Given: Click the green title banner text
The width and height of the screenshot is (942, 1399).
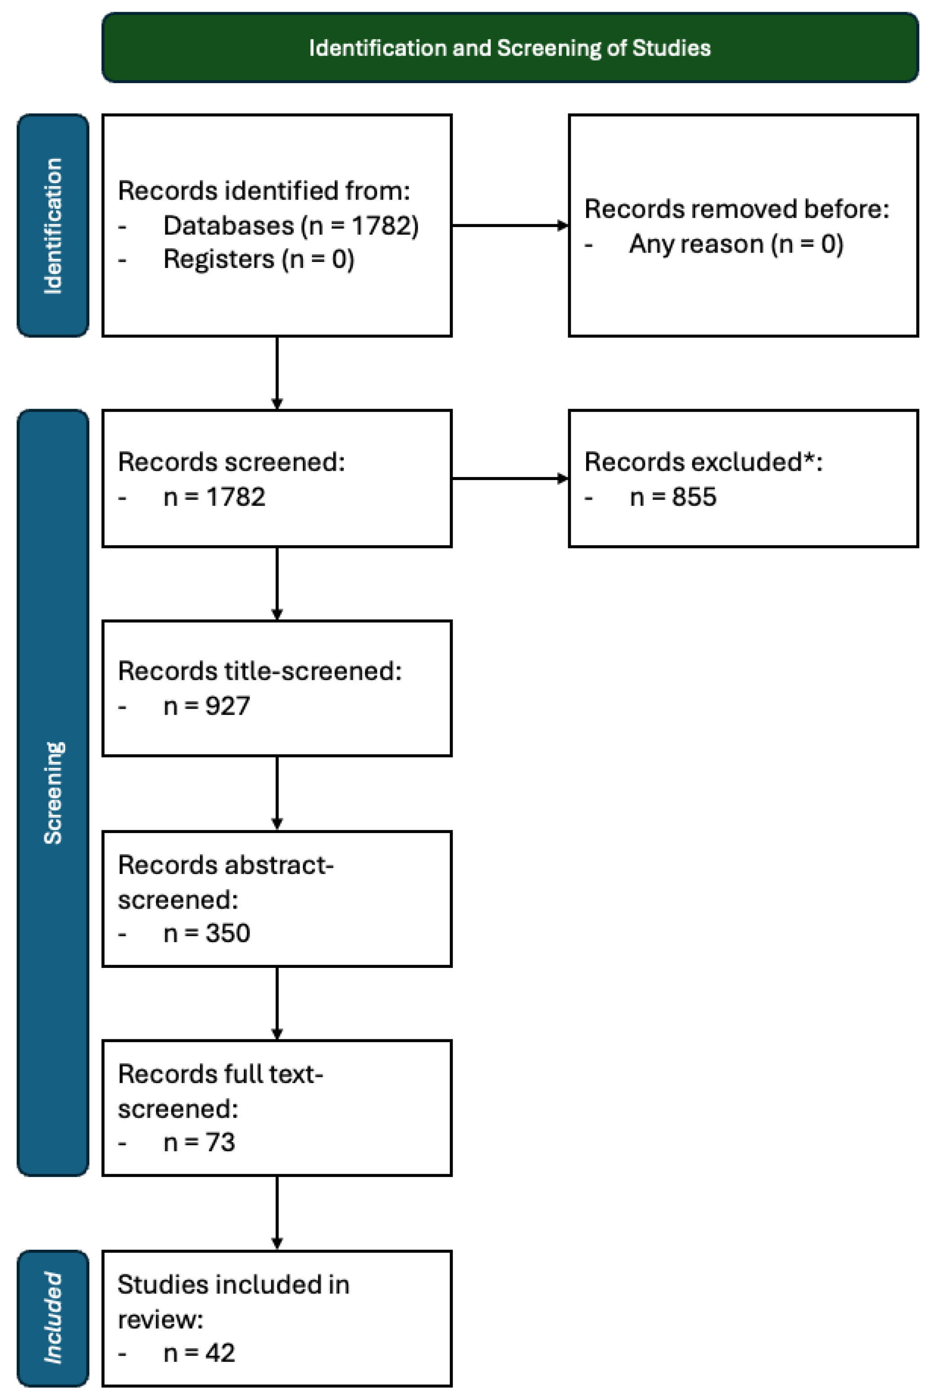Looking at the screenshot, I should click(510, 48).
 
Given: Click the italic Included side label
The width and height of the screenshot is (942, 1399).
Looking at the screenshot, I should click(53, 1317).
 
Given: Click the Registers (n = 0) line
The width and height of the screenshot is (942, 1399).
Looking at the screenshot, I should click(258, 259).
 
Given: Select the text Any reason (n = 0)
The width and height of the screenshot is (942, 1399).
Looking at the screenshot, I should click(736, 245).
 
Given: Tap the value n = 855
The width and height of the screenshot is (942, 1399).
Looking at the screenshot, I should click(673, 497).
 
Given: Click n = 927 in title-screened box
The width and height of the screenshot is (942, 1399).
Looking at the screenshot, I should click(207, 706).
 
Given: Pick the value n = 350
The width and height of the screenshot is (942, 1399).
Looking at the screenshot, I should click(207, 933).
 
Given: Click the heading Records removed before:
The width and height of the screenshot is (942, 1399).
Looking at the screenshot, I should click(737, 209).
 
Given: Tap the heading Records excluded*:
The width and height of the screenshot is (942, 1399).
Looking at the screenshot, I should click(703, 462).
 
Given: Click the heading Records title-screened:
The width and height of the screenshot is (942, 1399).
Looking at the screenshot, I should click(259, 671).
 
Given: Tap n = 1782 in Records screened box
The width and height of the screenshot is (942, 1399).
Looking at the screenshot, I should click(214, 497).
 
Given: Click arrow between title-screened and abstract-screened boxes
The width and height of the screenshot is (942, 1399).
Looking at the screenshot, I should click(277, 793).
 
